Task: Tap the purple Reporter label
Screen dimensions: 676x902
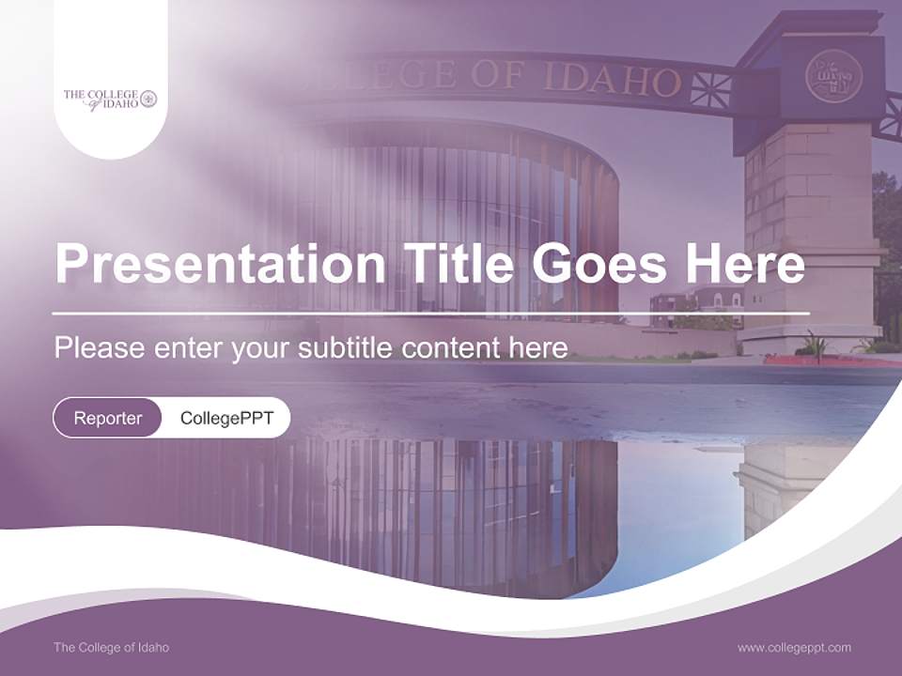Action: (108, 418)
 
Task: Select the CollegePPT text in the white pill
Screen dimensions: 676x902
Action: (226, 418)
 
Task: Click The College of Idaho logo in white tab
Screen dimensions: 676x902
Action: (110, 99)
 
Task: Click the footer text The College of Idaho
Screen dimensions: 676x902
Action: (111, 647)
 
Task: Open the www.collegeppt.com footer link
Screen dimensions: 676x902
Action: (794, 647)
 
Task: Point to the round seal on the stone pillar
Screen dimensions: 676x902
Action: (833, 76)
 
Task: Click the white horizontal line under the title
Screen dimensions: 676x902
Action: (430, 313)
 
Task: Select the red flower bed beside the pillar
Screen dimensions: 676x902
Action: (817, 360)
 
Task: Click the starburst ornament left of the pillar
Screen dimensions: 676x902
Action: (710, 88)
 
